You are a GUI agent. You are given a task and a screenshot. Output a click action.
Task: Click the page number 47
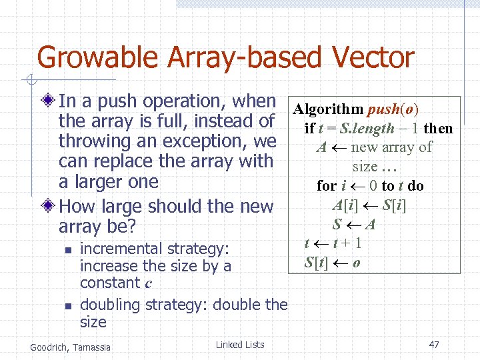434,345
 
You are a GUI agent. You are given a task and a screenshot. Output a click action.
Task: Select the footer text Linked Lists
240,345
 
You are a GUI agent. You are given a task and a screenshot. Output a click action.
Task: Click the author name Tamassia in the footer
93,347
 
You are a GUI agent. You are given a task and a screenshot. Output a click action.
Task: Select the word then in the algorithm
437,129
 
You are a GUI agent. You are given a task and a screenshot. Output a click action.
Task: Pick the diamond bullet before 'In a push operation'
48,102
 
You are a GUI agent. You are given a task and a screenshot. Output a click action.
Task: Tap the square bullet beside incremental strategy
67,250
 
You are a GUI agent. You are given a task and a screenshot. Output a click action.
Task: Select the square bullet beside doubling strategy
67,306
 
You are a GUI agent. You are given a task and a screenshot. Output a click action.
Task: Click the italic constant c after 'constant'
147,283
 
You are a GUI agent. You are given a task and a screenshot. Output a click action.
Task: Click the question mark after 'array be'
131,227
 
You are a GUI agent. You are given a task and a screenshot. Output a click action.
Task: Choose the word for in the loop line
327,186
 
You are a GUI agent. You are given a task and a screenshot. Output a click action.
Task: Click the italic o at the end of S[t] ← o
357,263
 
